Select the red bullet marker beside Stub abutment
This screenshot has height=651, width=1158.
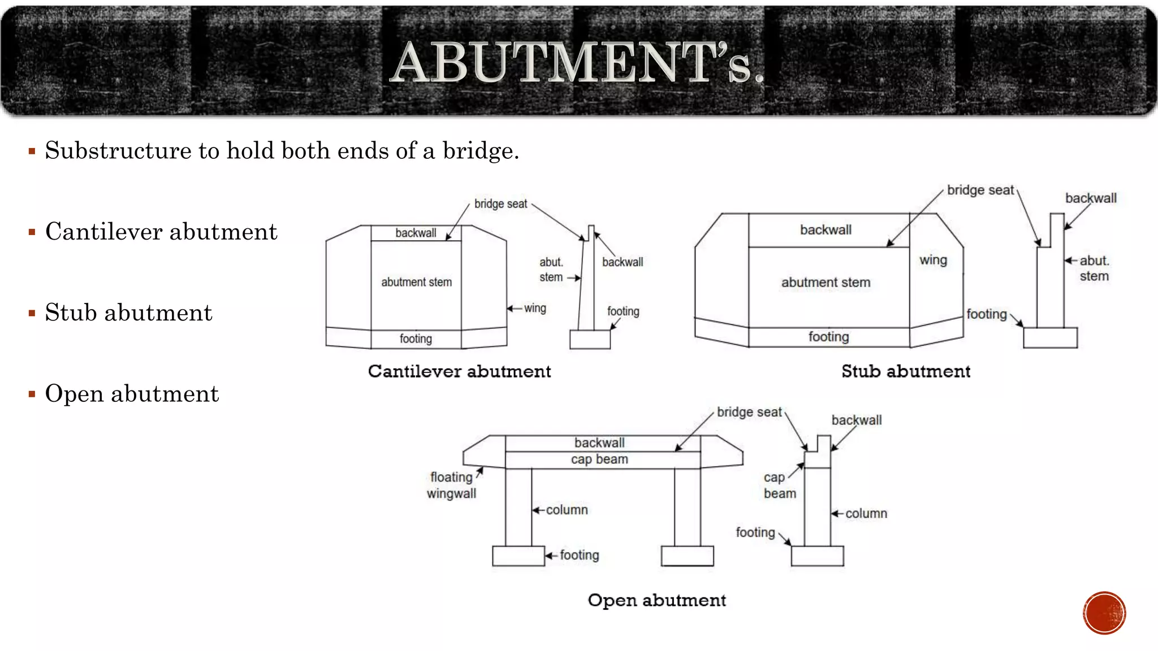tap(32, 313)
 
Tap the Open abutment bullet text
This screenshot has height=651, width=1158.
tap(132, 394)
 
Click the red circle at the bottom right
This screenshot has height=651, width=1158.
tap(1104, 613)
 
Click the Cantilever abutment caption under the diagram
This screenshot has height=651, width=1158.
tap(459, 371)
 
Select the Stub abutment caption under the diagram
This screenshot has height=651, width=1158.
tap(906, 371)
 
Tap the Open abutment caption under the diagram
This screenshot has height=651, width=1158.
tap(656, 600)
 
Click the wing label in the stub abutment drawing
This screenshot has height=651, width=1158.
tap(933, 260)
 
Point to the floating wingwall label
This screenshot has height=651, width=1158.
tap(451, 485)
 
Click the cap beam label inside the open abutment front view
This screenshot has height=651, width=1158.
tap(599, 459)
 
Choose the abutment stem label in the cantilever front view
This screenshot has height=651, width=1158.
tap(416, 282)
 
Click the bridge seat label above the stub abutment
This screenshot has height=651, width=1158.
tap(980, 190)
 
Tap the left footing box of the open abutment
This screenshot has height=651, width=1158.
tap(518, 556)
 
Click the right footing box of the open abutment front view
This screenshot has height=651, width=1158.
tap(687, 556)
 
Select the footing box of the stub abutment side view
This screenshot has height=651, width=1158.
tap(1050, 338)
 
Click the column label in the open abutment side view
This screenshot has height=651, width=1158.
tap(866, 514)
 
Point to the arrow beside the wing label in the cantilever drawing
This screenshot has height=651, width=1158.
tap(514, 309)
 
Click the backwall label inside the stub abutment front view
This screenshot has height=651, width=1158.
tap(826, 230)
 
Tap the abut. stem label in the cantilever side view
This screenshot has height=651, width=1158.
tap(551, 270)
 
